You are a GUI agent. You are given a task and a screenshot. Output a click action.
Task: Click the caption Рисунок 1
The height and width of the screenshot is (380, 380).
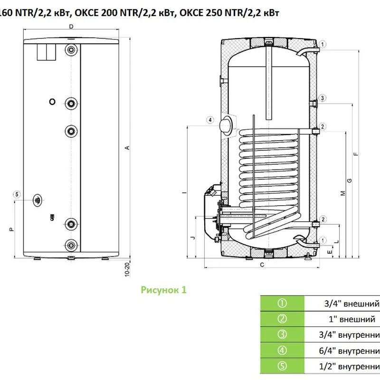[164, 290]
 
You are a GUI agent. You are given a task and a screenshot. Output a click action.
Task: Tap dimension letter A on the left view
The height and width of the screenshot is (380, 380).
[127, 148]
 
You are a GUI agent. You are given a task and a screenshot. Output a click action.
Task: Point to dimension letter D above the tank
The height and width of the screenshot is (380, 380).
[70, 27]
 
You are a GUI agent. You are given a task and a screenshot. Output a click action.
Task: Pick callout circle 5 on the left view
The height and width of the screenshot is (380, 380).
[17, 194]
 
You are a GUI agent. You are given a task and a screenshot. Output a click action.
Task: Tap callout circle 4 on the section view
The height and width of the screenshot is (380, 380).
[209, 120]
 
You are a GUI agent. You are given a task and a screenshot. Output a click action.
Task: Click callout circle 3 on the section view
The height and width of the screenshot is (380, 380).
[322, 98]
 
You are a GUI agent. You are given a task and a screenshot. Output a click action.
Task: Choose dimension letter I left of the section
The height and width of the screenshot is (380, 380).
[182, 192]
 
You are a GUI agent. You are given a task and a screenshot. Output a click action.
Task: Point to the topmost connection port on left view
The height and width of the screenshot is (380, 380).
[71, 49]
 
